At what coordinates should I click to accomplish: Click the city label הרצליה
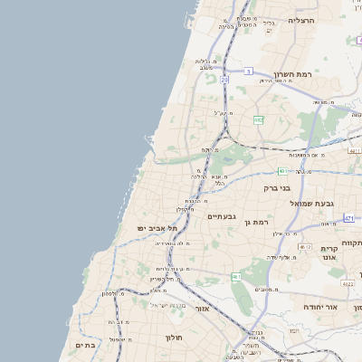[301, 20]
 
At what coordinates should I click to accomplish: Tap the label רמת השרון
[292, 74]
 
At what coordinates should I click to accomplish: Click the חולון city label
[175, 338]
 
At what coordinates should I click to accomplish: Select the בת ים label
[86, 345]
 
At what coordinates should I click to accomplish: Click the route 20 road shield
[224, 80]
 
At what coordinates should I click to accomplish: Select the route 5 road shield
[247, 70]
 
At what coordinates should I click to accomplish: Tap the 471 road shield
[349, 218]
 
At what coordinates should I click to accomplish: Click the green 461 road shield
[236, 277]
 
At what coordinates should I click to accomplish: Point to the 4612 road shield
[304, 246]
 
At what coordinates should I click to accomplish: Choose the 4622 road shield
[348, 283]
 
